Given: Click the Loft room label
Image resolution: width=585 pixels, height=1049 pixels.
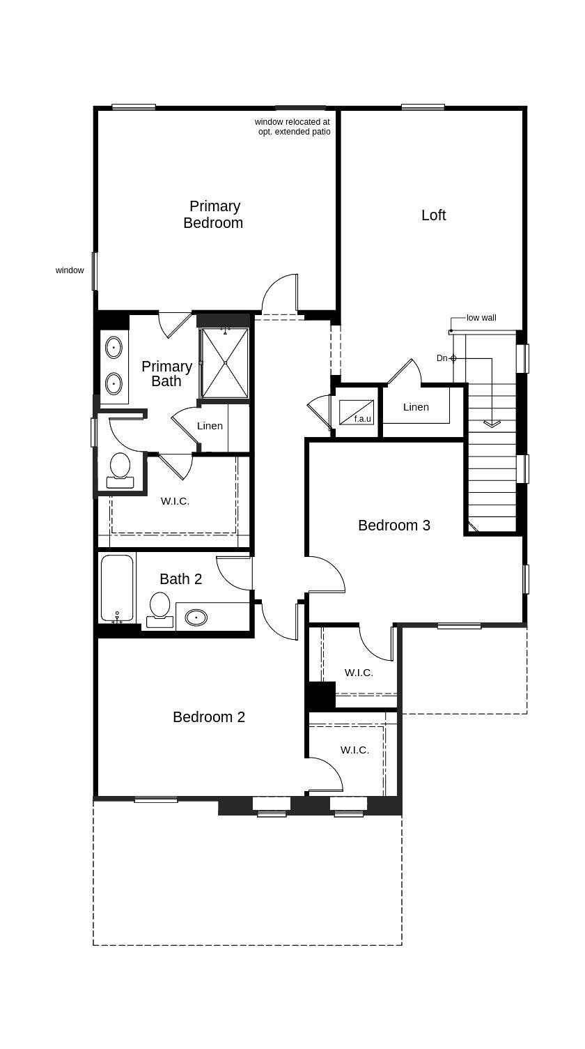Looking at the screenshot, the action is [x=433, y=215].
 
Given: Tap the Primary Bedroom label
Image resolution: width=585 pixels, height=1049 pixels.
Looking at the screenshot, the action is [x=213, y=214].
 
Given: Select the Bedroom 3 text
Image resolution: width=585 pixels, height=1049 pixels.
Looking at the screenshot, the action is [x=394, y=526].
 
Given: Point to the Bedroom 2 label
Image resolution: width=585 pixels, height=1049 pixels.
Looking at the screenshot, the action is [x=209, y=717].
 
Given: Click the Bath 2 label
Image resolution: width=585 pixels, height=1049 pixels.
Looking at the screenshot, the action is [x=180, y=579].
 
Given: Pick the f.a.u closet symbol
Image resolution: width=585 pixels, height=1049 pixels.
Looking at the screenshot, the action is [x=357, y=412].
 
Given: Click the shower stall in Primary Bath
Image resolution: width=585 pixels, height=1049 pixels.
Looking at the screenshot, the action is [x=225, y=363].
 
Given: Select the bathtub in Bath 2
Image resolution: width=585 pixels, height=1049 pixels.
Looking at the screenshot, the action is [x=117, y=589].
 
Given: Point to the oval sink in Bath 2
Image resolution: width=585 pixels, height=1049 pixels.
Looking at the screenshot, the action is [x=196, y=618].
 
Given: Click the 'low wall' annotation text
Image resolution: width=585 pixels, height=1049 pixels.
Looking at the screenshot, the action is [x=481, y=318].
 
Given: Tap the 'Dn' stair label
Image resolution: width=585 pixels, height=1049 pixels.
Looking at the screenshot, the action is [x=442, y=358].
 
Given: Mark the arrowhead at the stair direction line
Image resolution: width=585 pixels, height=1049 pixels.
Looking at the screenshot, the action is [x=492, y=424].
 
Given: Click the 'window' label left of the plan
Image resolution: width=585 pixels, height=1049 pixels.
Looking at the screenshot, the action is [x=70, y=270].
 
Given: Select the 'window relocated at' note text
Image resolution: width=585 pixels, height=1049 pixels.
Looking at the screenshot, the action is [x=292, y=122].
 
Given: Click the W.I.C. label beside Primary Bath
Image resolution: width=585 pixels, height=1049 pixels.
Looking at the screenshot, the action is [x=175, y=501].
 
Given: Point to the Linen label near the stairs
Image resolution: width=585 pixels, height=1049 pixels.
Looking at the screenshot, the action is [x=416, y=407].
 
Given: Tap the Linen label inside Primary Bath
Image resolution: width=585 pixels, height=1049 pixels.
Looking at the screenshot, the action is [x=210, y=426].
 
